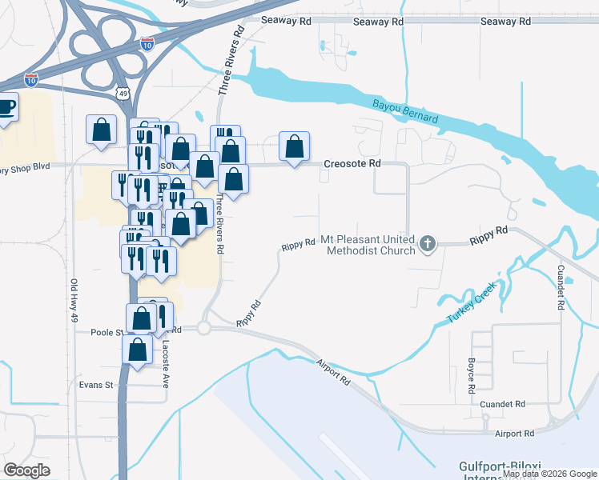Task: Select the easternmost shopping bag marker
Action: click(295, 146)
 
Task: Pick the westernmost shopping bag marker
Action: click(101, 129)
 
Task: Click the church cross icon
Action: click(428, 243)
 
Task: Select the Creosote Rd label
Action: click(352, 164)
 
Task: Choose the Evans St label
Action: click(96, 385)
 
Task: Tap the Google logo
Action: click(27, 470)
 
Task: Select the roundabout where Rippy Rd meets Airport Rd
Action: click(204, 328)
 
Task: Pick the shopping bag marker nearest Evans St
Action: click(138, 350)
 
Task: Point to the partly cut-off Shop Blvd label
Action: click(26, 166)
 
